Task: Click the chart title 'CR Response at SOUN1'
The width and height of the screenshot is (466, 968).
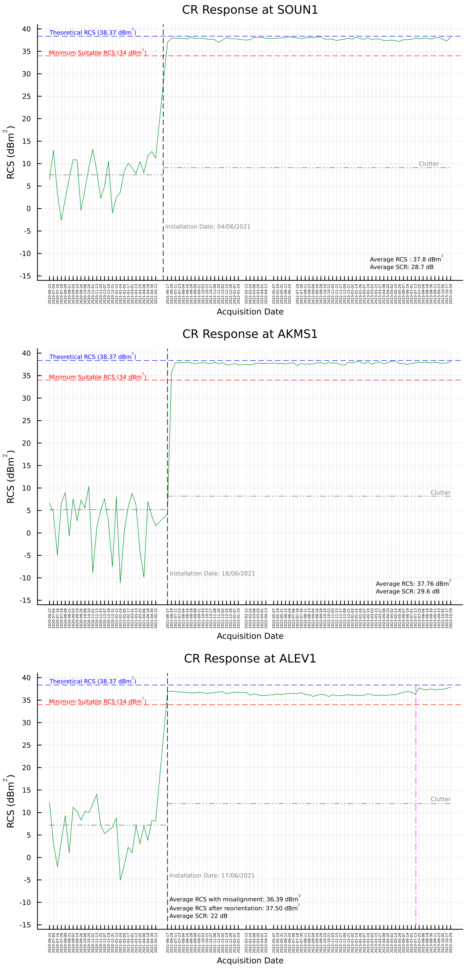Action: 250,10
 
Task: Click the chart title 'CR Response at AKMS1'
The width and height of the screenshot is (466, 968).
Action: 250,334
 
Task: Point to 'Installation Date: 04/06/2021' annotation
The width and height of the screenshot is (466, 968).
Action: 208,227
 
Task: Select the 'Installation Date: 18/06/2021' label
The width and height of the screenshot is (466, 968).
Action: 212,573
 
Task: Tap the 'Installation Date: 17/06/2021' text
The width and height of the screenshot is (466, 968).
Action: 212,875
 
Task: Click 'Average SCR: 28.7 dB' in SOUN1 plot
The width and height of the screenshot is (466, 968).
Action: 401,267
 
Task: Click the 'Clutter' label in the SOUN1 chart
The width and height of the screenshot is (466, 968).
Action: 428,164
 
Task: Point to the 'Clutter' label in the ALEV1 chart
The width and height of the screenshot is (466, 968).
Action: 440,799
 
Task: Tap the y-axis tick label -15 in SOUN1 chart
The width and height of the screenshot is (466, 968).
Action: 26,276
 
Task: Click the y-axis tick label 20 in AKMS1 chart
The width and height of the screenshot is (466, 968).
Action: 26,443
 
